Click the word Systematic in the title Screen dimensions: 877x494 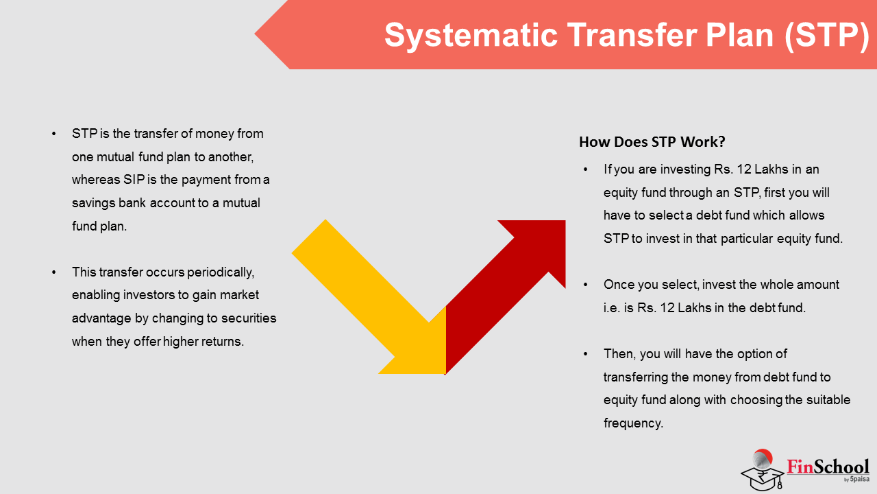471,36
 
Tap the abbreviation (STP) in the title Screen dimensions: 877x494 827,36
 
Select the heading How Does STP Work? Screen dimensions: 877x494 652,142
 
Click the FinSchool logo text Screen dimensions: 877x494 828,467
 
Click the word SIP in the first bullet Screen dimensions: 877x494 134,180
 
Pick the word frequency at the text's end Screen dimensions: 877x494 633,423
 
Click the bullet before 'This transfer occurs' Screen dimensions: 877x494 53,272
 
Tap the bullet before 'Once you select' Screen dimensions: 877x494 585,285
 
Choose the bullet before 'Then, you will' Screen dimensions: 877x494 585,354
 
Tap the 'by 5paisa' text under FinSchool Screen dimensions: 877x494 856,479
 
